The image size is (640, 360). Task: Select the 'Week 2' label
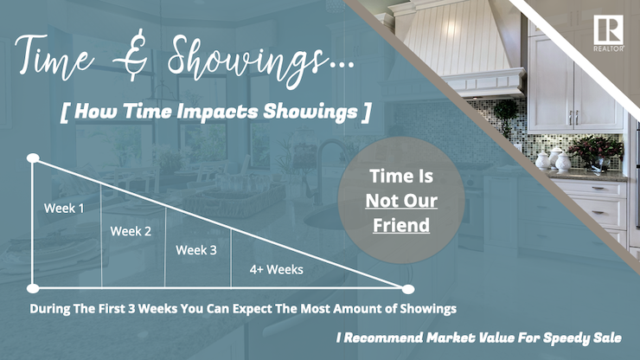[131, 231]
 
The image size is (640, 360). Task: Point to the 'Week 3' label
[197, 250]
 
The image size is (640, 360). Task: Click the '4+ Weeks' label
[277, 269]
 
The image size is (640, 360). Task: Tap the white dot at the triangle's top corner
[33, 158]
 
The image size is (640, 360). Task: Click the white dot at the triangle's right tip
[408, 288]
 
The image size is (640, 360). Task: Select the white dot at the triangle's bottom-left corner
[33, 288]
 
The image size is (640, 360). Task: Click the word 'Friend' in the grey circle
[400, 226]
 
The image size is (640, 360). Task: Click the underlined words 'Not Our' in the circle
[400, 201]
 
